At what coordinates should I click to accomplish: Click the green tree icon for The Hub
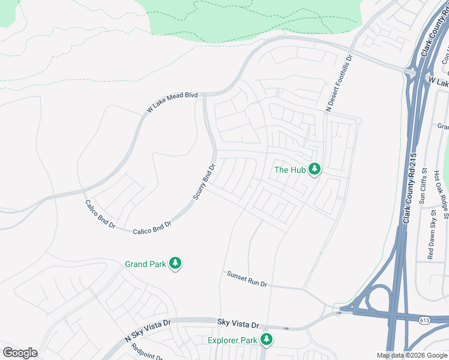[x=314, y=169]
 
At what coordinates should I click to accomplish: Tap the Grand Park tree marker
[x=175, y=263]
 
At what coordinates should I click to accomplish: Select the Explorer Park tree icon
[x=267, y=340]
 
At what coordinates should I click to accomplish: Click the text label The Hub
[x=290, y=170]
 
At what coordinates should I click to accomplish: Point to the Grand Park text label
[x=146, y=264]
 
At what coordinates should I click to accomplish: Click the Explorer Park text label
[x=232, y=341]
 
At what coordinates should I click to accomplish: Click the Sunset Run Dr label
[x=246, y=279]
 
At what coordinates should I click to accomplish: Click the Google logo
[x=20, y=353]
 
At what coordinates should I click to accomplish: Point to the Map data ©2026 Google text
[x=412, y=356]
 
